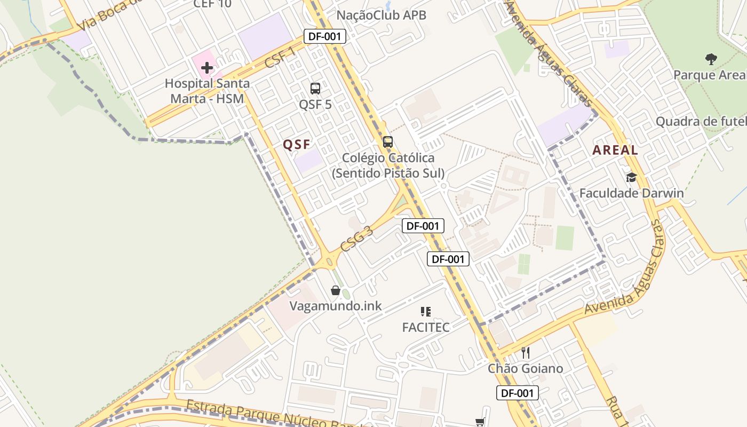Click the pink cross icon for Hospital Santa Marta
207,68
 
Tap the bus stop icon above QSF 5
315,89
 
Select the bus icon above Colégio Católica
388,142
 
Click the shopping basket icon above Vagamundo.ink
336,290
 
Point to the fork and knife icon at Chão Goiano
526,353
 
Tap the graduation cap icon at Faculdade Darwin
632,177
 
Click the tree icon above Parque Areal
711,59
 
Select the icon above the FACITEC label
426,312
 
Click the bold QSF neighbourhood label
297,145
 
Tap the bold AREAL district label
615,151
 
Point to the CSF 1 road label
280,58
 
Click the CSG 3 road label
356,239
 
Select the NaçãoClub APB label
381,15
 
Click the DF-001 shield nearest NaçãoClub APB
325,36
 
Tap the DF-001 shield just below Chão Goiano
518,393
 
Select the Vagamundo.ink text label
336,306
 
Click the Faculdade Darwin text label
631,193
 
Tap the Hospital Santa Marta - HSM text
207,91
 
